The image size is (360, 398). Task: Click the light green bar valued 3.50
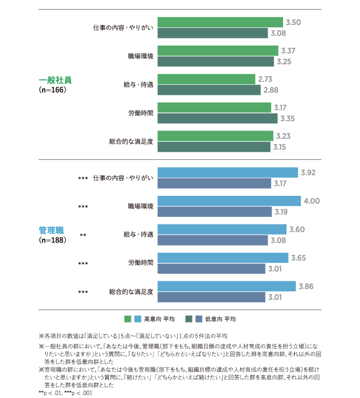220,22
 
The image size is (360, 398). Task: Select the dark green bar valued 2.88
209,90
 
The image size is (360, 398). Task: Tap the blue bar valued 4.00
229,201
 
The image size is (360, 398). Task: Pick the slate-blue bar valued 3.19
215,212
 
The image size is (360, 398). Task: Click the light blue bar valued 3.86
226,286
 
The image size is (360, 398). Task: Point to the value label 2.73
265,79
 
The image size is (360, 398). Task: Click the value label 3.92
308,173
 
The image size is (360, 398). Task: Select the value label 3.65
298,258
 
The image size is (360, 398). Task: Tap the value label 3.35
288,118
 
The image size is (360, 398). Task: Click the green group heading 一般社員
55,80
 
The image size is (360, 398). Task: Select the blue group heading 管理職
51,230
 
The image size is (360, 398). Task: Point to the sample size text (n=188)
52,240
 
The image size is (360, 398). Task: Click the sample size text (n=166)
52,90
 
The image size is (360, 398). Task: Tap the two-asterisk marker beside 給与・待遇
83,235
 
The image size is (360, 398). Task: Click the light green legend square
128,319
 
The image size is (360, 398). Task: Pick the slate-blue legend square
199,319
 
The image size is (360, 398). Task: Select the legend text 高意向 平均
159,319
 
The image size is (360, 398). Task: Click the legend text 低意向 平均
220,319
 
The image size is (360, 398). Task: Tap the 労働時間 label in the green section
141,113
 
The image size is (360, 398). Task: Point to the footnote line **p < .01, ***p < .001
65,393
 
